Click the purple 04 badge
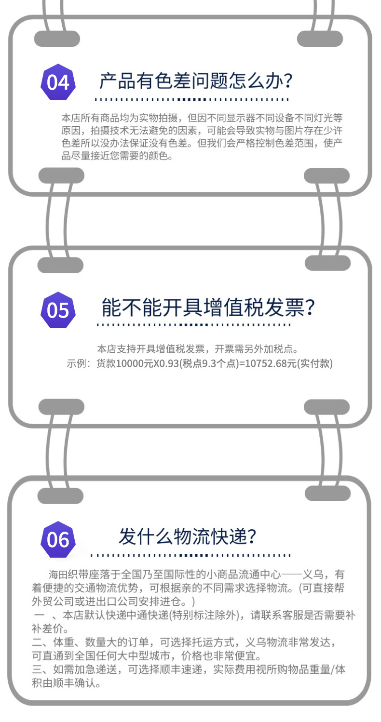coord(58,82)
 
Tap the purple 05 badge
coord(58,310)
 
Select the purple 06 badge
coord(58,539)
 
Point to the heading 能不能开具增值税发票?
coord(208,308)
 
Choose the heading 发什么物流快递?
coord(187,536)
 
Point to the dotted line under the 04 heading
coord(191,99)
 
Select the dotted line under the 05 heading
coord(193,324)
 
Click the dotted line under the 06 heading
coord(190,555)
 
